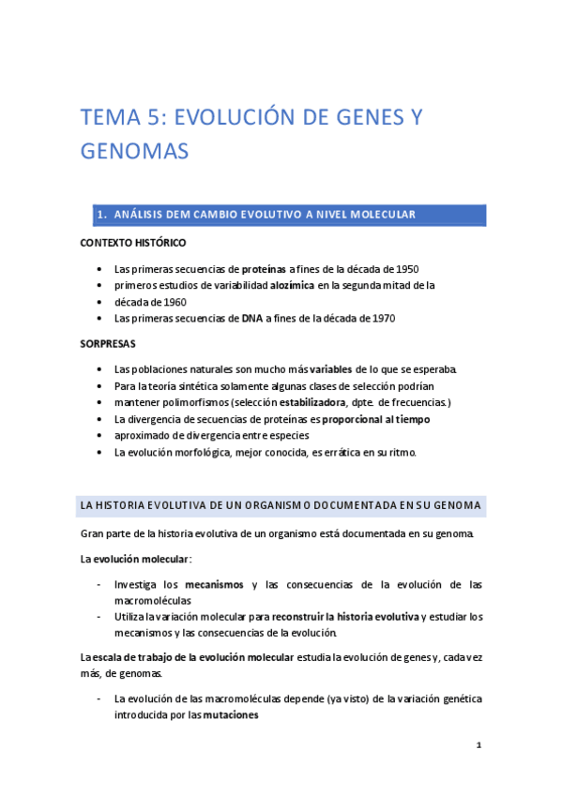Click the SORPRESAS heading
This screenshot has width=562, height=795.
tap(108, 343)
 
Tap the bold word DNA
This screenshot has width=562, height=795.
tap(252, 319)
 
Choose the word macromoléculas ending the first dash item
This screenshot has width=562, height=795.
tap(153, 600)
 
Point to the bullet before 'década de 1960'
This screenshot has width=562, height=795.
tap(100, 302)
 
